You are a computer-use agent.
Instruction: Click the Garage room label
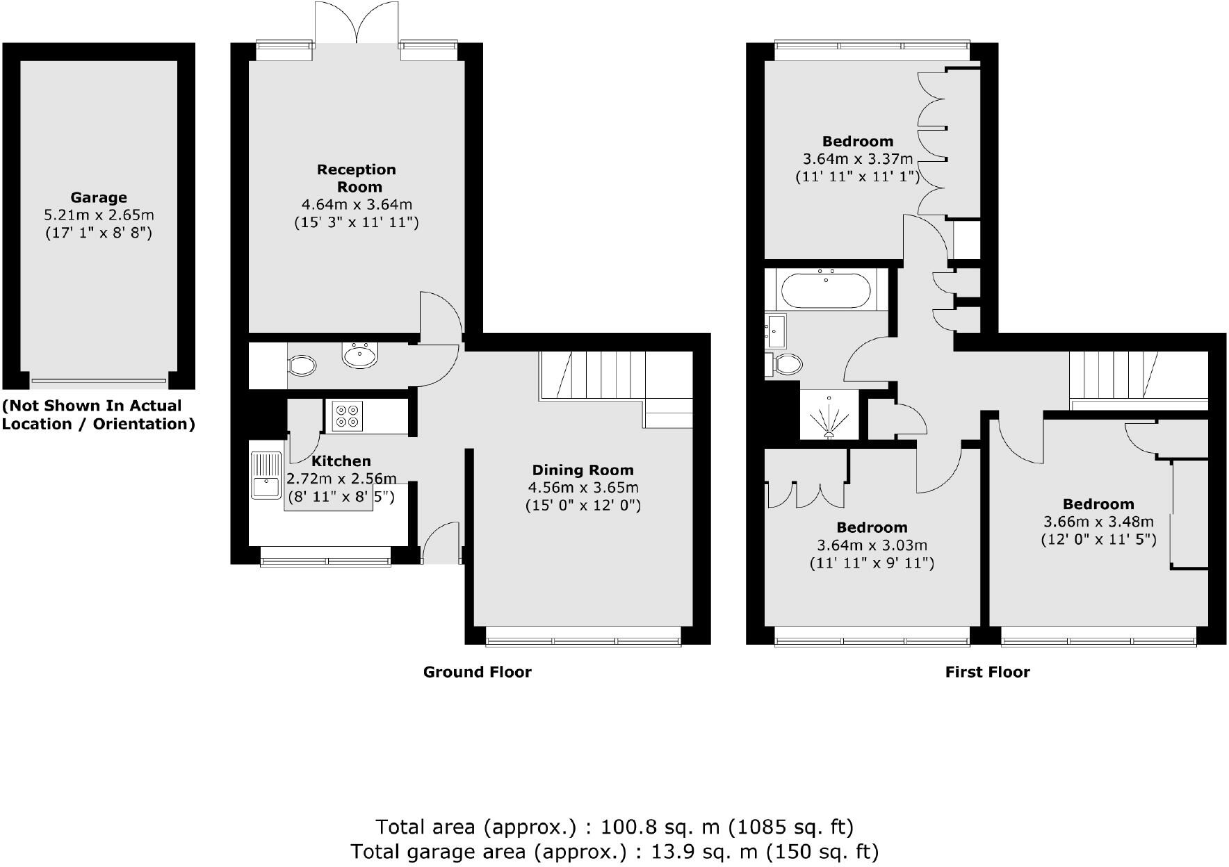point(98,197)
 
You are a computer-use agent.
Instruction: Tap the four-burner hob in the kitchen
point(346,415)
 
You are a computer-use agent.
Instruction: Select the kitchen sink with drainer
point(266,474)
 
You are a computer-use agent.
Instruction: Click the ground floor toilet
point(301,365)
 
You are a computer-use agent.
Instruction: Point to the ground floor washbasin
point(359,355)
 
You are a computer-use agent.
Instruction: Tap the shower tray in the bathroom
point(829,415)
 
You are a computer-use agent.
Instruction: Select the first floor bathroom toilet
point(786,363)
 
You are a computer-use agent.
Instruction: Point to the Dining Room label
point(583,470)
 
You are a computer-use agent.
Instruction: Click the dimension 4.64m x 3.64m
point(357,205)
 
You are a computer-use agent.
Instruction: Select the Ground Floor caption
point(477,672)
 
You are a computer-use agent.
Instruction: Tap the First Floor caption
point(987,672)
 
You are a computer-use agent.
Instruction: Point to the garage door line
point(99,381)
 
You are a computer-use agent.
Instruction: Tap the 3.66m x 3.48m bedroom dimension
point(1098,522)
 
